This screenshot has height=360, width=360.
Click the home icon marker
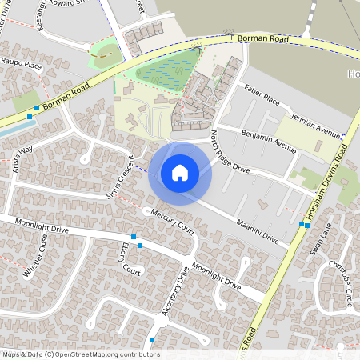click(x=180, y=173)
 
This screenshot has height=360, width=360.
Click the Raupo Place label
click(x=22, y=63)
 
